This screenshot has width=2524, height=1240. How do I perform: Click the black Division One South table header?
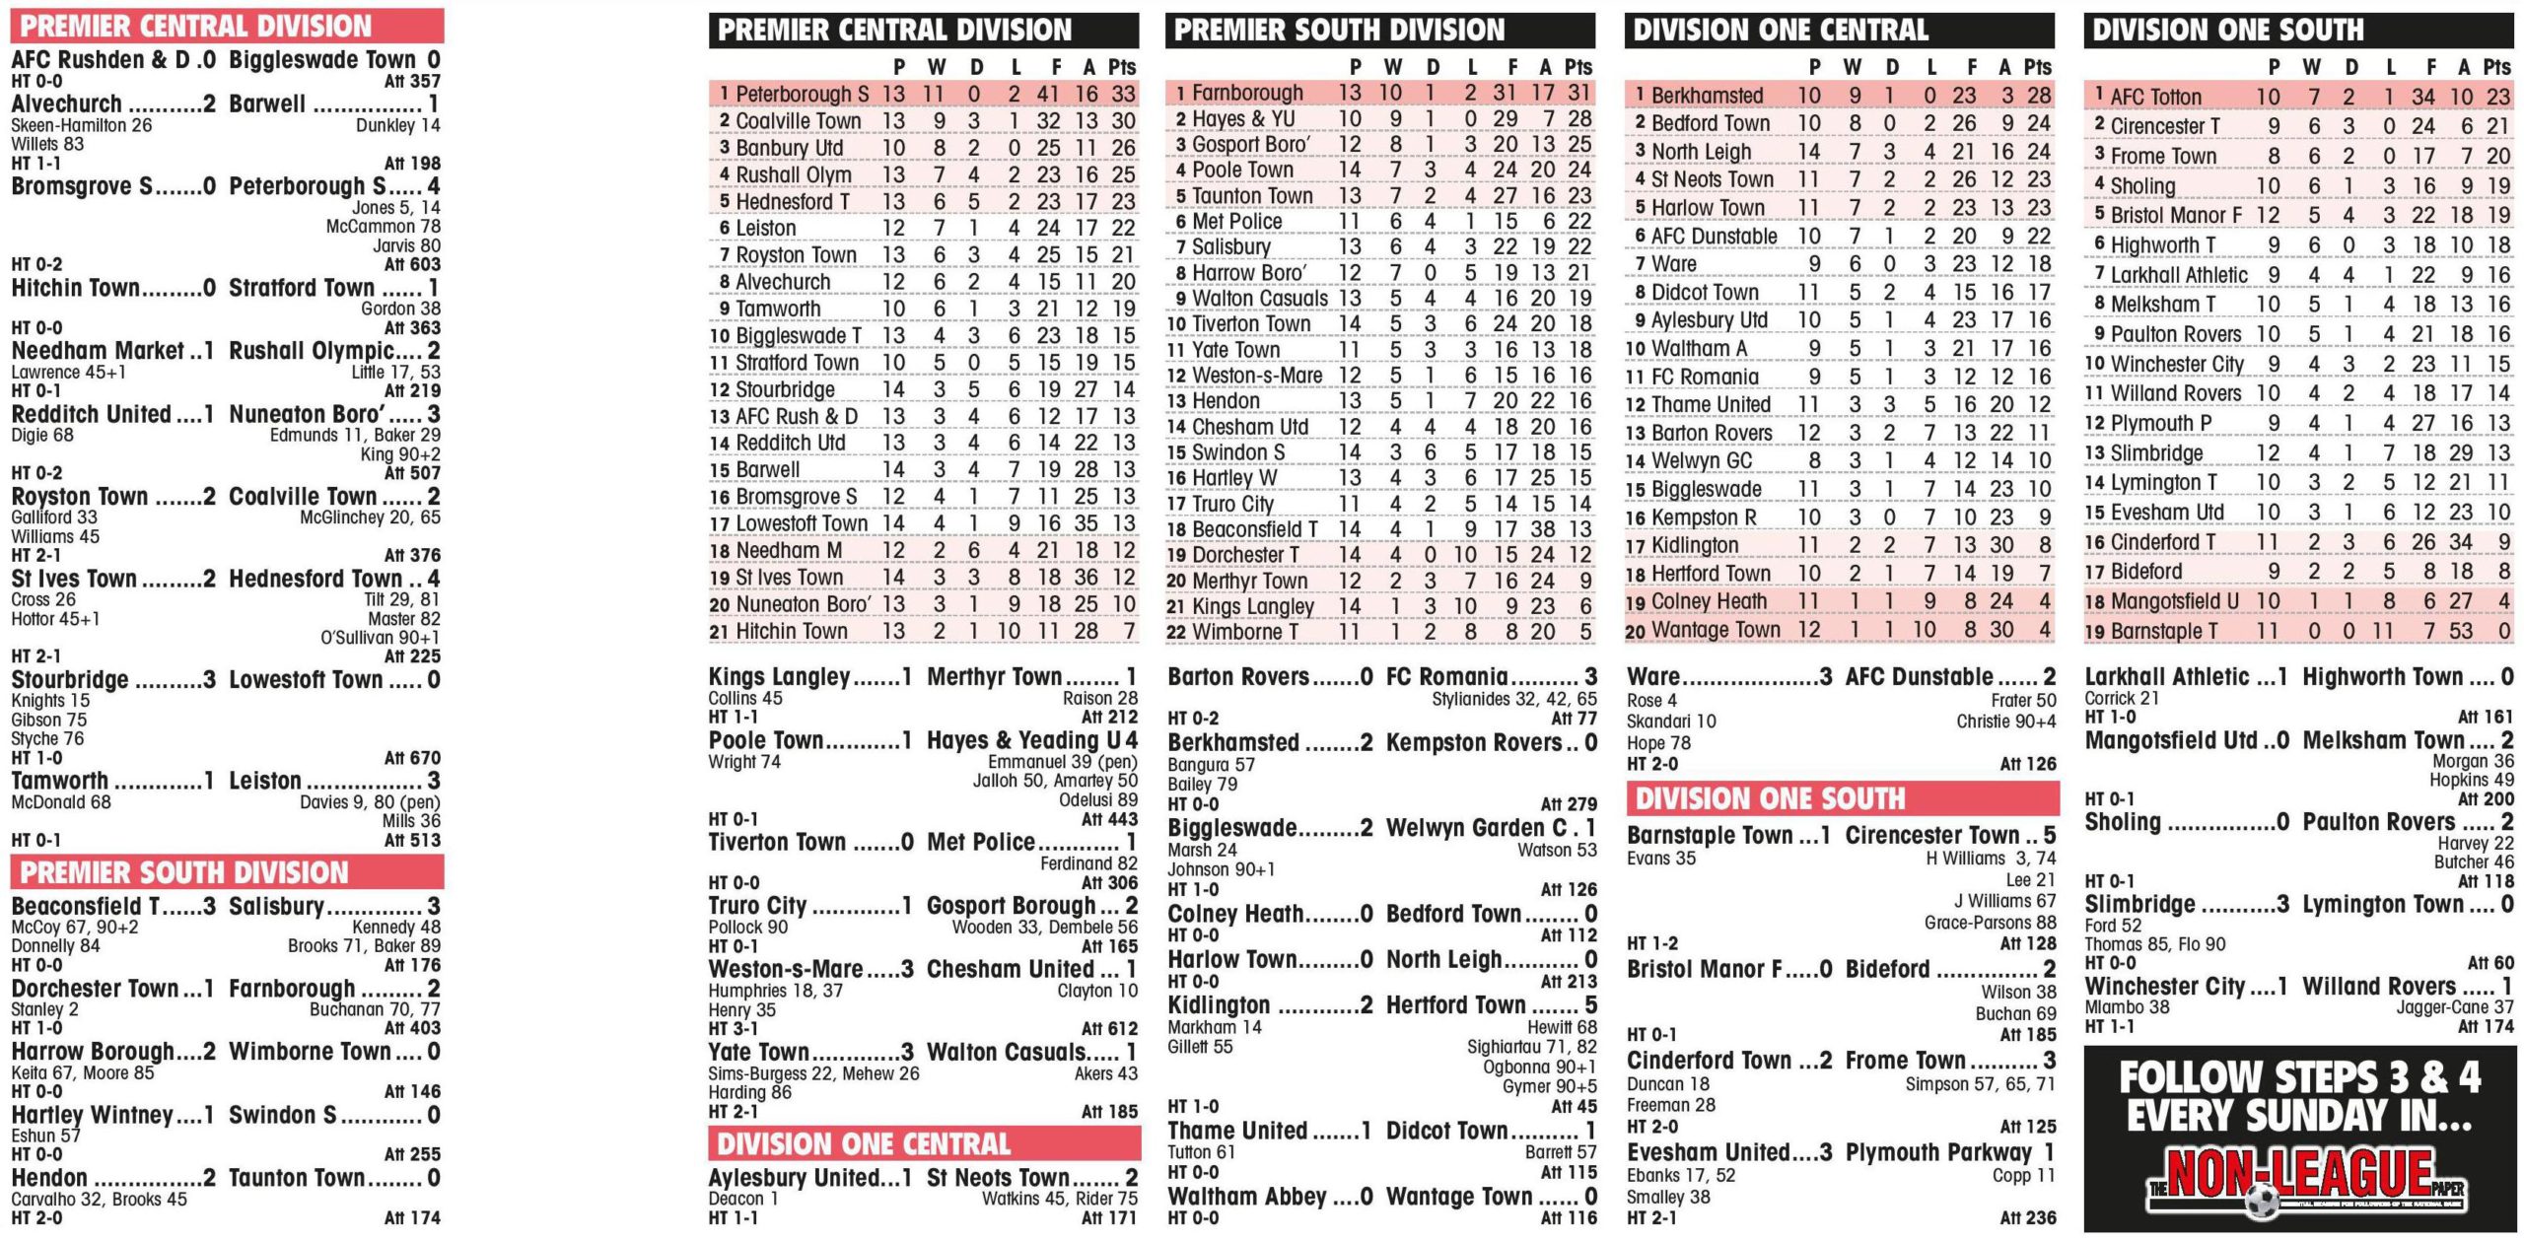[2297, 30]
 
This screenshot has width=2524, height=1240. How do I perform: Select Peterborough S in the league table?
[802, 95]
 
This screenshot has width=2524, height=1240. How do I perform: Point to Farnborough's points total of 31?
[1578, 93]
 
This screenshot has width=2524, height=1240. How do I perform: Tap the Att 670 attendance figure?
[412, 758]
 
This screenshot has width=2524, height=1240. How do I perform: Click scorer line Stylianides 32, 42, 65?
[1513, 700]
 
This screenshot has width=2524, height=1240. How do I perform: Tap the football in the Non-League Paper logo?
[2263, 1202]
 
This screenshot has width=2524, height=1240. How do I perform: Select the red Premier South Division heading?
[227, 872]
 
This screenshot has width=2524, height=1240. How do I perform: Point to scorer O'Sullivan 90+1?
[380, 638]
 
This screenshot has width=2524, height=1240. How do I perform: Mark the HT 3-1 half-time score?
[733, 1029]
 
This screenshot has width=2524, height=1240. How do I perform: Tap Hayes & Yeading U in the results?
[1030, 740]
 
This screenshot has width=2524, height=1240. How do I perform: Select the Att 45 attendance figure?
[1574, 1107]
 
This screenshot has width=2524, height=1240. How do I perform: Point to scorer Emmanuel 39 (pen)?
[1062, 762]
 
